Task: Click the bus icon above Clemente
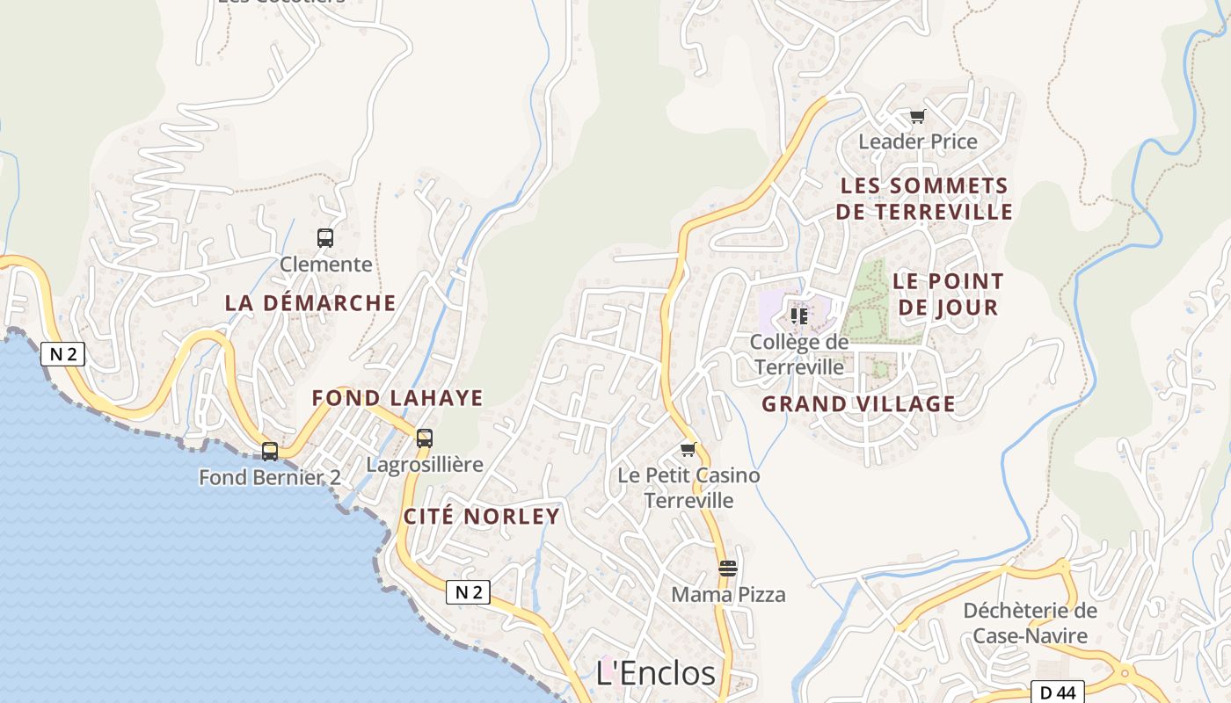click(325, 237)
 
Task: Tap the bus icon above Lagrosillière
click(425, 438)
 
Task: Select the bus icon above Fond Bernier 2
click(270, 451)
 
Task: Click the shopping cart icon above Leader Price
click(917, 116)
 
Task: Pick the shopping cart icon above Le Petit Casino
click(688, 449)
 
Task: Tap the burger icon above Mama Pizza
click(727, 568)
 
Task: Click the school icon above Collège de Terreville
click(798, 315)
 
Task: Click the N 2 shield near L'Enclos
click(468, 592)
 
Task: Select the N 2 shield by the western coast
click(62, 354)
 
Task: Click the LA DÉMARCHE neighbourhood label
click(310, 302)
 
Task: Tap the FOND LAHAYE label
click(397, 398)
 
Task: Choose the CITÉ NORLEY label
click(482, 516)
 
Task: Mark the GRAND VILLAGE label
click(858, 404)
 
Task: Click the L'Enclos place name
click(656, 673)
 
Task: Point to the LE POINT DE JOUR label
click(947, 294)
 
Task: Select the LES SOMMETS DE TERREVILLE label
click(924, 199)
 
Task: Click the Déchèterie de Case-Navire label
click(1031, 622)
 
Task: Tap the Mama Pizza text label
click(728, 595)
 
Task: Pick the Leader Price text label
click(918, 141)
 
